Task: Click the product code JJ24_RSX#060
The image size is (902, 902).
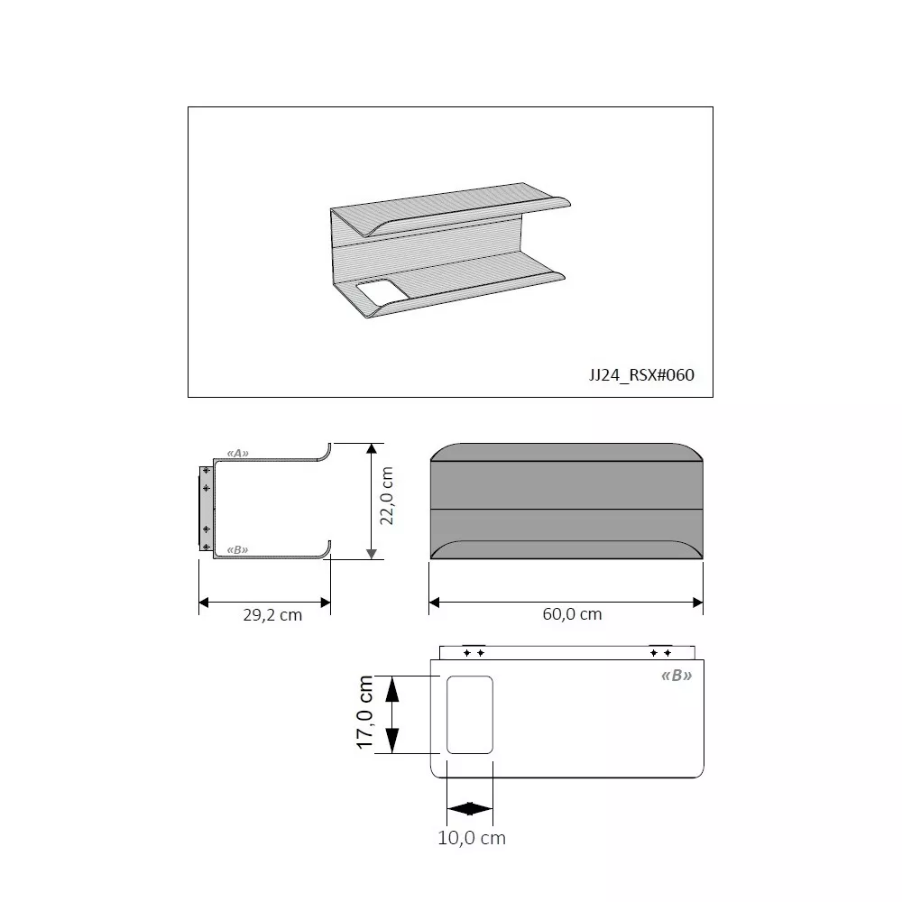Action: click(641, 375)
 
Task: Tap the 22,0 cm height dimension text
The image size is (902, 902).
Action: click(387, 496)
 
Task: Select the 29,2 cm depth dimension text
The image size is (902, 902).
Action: click(272, 615)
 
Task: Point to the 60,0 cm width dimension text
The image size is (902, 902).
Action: click(573, 613)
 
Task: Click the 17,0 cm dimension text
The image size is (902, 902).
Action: click(364, 713)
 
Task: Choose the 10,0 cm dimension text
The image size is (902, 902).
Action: click(472, 838)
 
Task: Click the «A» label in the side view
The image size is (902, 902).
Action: click(237, 454)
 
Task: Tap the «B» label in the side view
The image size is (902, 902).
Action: click(237, 550)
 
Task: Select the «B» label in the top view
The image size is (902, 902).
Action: click(676, 676)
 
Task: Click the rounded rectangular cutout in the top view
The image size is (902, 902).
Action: click(469, 714)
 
